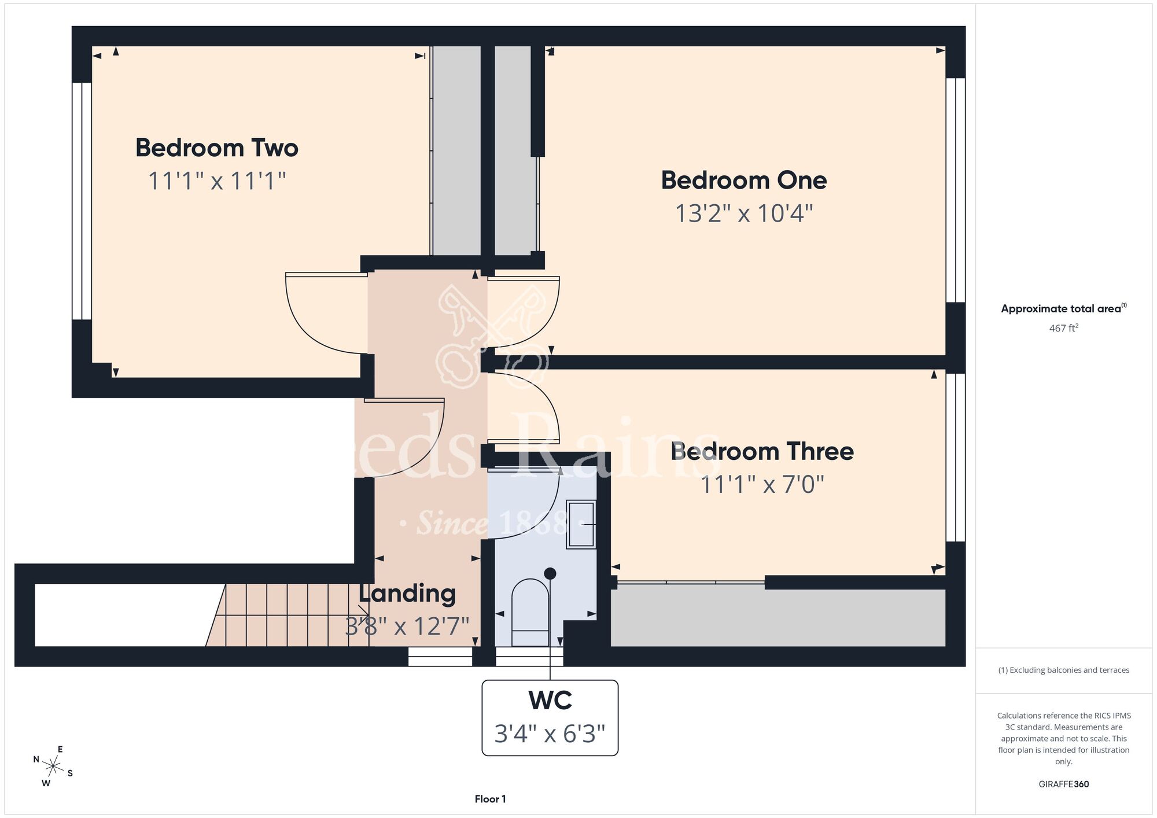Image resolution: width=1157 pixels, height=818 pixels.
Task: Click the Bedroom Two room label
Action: (217, 148)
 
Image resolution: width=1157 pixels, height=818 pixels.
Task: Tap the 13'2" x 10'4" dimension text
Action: (744, 213)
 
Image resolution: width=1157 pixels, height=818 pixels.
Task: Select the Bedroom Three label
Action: (762, 451)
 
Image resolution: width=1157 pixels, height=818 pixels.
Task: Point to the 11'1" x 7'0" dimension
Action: (762, 484)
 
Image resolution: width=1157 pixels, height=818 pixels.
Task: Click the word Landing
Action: (407, 594)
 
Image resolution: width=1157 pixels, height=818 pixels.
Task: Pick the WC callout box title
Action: (550, 701)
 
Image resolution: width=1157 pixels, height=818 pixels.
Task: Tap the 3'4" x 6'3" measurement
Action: (550, 734)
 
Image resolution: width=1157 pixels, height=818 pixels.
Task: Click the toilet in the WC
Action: (530, 613)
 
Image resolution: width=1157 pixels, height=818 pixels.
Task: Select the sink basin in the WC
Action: (581, 524)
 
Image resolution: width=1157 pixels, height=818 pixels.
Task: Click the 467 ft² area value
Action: (1064, 328)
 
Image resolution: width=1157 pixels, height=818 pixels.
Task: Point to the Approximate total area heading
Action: (1064, 308)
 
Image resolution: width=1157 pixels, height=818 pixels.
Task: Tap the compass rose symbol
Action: (53, 767)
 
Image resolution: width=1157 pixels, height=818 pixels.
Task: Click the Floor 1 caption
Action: (490, 799)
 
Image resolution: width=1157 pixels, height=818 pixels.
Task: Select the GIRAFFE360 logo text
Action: (1064, 784)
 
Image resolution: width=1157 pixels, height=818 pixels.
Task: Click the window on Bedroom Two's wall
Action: (82, 201)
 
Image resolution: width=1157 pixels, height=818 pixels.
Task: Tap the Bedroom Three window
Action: (955, 457)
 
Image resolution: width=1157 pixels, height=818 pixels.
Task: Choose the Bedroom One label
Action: (744, 180)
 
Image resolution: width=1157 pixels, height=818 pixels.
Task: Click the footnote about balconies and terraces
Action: (1064, 670)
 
